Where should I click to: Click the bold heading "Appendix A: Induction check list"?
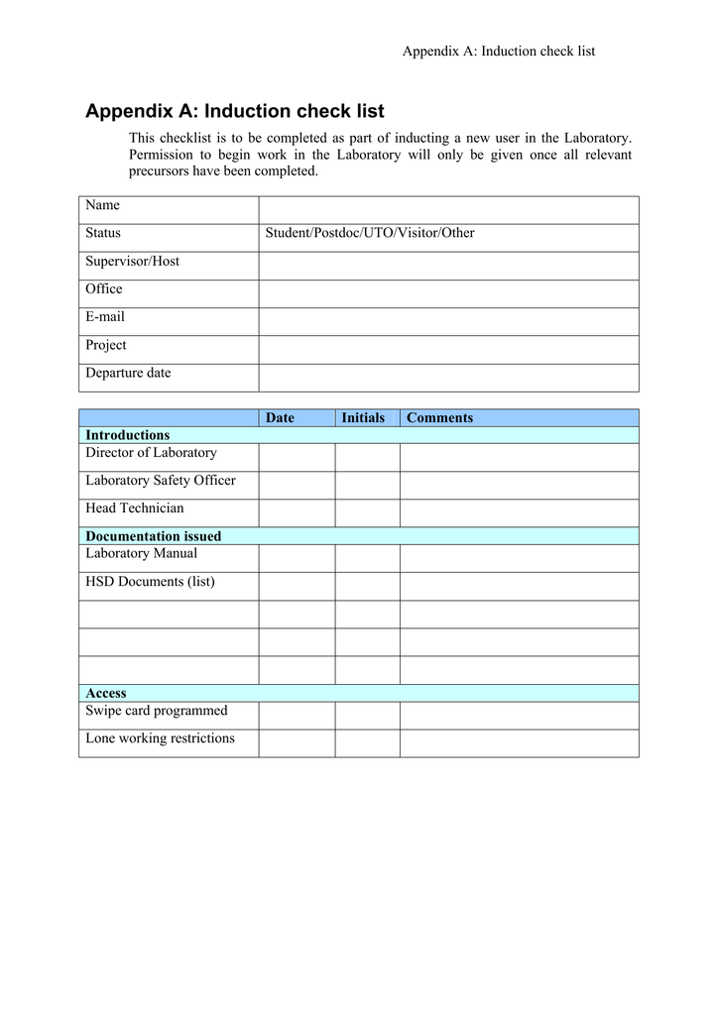[x=234, y=111]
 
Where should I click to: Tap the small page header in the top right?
[x=498, y=51]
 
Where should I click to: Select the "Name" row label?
[x=102, y=205]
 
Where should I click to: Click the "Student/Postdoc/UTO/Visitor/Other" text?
[x=369, y=233]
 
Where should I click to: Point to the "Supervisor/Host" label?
[x=132, y=262]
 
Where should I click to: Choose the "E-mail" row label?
[x=105, y=317]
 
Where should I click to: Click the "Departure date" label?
[x=128, y=374]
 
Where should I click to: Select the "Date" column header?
[x=280, y=418]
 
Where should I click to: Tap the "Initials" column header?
[x=363, y=418]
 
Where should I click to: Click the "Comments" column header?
[x=439, y=418]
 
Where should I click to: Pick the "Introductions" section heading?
[x=127, y=435]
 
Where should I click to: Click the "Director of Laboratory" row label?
[x=151, y=453]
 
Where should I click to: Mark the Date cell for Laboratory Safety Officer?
[x=297, y=485]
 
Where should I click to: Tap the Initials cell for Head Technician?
[x=367, y=512]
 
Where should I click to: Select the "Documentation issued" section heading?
[x=153, y=536]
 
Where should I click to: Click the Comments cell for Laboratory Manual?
[x=519, y=558]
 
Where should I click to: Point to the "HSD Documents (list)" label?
[x=150, y=582]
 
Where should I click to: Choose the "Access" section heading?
[x=105, y=694]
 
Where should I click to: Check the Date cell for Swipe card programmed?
[x=297, y=715]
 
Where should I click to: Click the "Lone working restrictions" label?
[x=160, y=738]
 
